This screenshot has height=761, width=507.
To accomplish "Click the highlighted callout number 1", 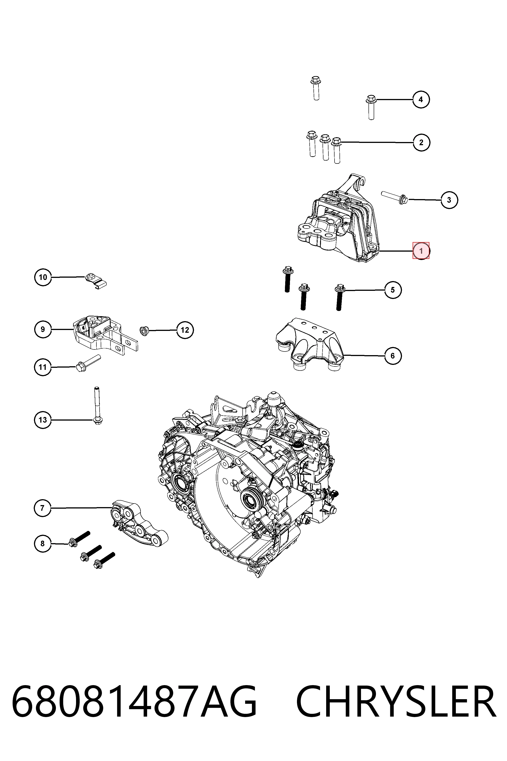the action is [421, 251].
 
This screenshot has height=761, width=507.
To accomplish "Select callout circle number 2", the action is [421, 142].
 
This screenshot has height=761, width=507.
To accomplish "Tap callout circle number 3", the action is [449, 200].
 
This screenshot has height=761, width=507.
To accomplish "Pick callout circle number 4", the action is [421, 99].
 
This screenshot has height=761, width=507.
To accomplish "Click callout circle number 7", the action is [42, 508].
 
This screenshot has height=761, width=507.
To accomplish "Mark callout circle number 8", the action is [42, 543].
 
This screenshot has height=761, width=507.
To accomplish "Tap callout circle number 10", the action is [43, 277].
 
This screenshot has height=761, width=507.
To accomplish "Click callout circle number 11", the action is [43, 367].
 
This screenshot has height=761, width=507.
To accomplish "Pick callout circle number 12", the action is [185, 330].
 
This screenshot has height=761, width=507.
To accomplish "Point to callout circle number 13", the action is [43, 420].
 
